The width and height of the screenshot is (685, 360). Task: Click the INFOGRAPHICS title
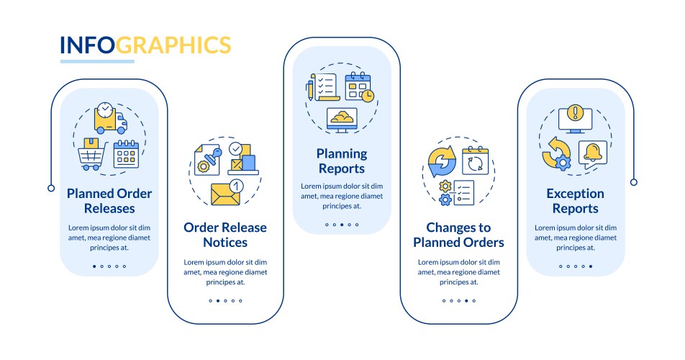click(145, 45)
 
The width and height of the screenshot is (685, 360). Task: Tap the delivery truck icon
click(111, 118)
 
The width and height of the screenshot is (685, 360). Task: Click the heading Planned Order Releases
click(109, 201)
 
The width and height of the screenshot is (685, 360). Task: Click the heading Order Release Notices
click(225, 235)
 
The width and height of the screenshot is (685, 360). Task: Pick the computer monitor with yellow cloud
click(342, 120)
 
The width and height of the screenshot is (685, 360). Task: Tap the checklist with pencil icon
click(322, 87)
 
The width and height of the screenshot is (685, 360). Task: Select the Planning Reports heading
click(342, 161)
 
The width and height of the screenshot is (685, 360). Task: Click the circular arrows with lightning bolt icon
click(442, 161)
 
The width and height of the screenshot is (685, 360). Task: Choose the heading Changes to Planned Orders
click(459, 235)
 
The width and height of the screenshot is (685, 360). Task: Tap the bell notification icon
click(593, 154)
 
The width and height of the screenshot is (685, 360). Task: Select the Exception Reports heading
click(576, 201)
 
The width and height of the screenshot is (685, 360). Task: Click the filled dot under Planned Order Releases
click(94, 266)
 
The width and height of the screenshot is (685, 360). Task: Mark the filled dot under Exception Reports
click(591, 266)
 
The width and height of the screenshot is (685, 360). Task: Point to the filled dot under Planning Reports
click(342, 225)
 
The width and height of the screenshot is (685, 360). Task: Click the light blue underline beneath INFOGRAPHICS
click(97, 62)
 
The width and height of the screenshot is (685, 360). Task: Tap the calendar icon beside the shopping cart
click(126, 154)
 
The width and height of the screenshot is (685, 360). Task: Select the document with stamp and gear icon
click(207, 160)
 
